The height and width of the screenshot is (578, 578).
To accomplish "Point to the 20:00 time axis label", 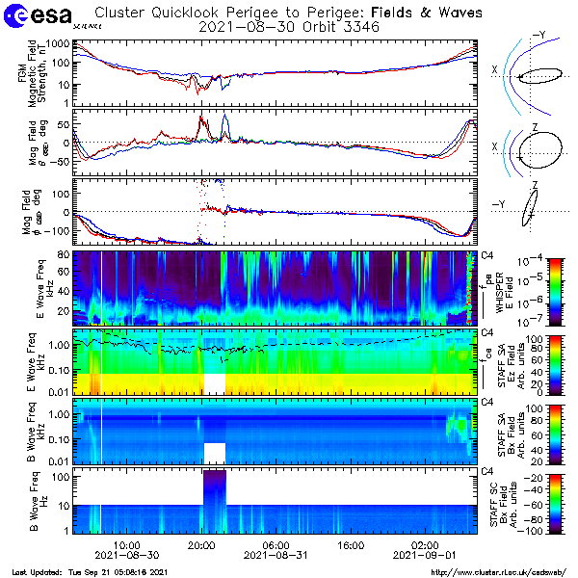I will [201, 544].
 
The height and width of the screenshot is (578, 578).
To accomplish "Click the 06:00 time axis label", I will [276, 544].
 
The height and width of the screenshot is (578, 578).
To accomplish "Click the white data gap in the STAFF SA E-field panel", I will [214, 382].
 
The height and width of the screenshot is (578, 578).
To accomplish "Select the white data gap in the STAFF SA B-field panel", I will [214, 452].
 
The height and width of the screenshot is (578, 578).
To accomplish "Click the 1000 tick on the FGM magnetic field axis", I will [53, 44].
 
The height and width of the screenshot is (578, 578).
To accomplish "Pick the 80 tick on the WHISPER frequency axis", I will [61, 254].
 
